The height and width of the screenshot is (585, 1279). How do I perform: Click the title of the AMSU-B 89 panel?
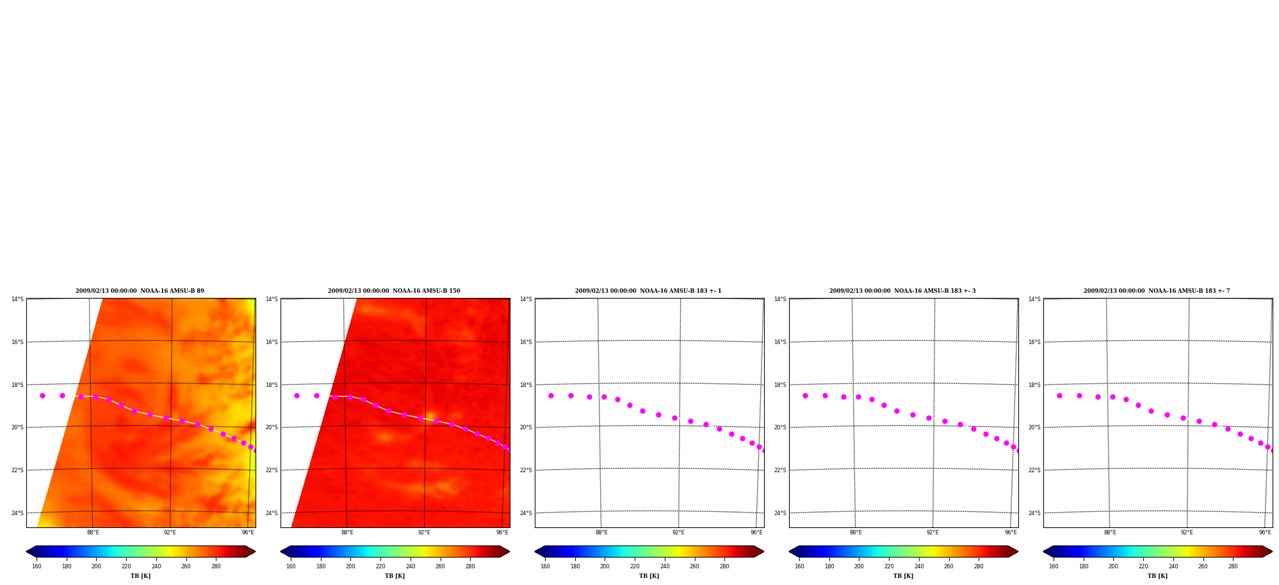pyautogui.click(x=140, y=291)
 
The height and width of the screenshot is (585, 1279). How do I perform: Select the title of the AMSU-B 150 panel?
pyautogui.click(x=394, y=291)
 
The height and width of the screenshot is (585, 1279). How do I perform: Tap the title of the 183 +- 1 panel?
pyautogui.click(x=648, y=291)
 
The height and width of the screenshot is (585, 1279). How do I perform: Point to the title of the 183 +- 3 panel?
pyautogui.click(x=902, y=291)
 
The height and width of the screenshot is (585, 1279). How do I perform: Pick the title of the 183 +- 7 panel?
pyautogui.click(x=1157, y=291)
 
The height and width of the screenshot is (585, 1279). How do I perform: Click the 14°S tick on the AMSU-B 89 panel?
pyautogui.click(x=17, y=299)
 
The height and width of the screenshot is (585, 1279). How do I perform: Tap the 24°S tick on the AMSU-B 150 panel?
pyautogui.click(x=272, y=513)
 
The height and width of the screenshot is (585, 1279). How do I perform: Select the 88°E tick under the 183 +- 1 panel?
pyautogui.click(x=601, y=532)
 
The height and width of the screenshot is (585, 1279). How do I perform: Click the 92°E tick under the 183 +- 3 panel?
pyautogui.click(x=933, y=532)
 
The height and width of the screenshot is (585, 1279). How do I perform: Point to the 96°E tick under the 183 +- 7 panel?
pyautogui.click(x=1265, y=532)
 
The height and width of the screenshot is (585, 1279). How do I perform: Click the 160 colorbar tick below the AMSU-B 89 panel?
pyautogui.click(x=37, y=566)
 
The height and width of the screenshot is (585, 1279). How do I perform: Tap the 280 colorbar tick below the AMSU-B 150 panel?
pyautogui.click(x=470, y=566)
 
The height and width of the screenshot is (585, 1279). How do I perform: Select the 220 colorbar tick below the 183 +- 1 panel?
pyautogui.click(x=635, y=566)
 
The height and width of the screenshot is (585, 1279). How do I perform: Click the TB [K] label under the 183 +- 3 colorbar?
pyautogui.click(x=903, y=576)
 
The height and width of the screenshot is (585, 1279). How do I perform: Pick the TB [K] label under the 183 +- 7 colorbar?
pyautogui.click(x=1157, y=576)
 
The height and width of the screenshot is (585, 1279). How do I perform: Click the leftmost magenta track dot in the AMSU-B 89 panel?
pyautogui.click(x=42, y=396)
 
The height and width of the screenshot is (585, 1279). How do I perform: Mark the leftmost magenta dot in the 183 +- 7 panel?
pyautogui.click(x=1059, y=396)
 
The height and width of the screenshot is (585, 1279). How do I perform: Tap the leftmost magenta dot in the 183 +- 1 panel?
pyautogui.click(x=551, y=396)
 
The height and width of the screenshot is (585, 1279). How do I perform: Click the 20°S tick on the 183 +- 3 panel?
pyautogui.click(x=780, y=427)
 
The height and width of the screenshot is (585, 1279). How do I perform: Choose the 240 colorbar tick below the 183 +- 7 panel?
pyautogui.click(x=1173, y=566)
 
